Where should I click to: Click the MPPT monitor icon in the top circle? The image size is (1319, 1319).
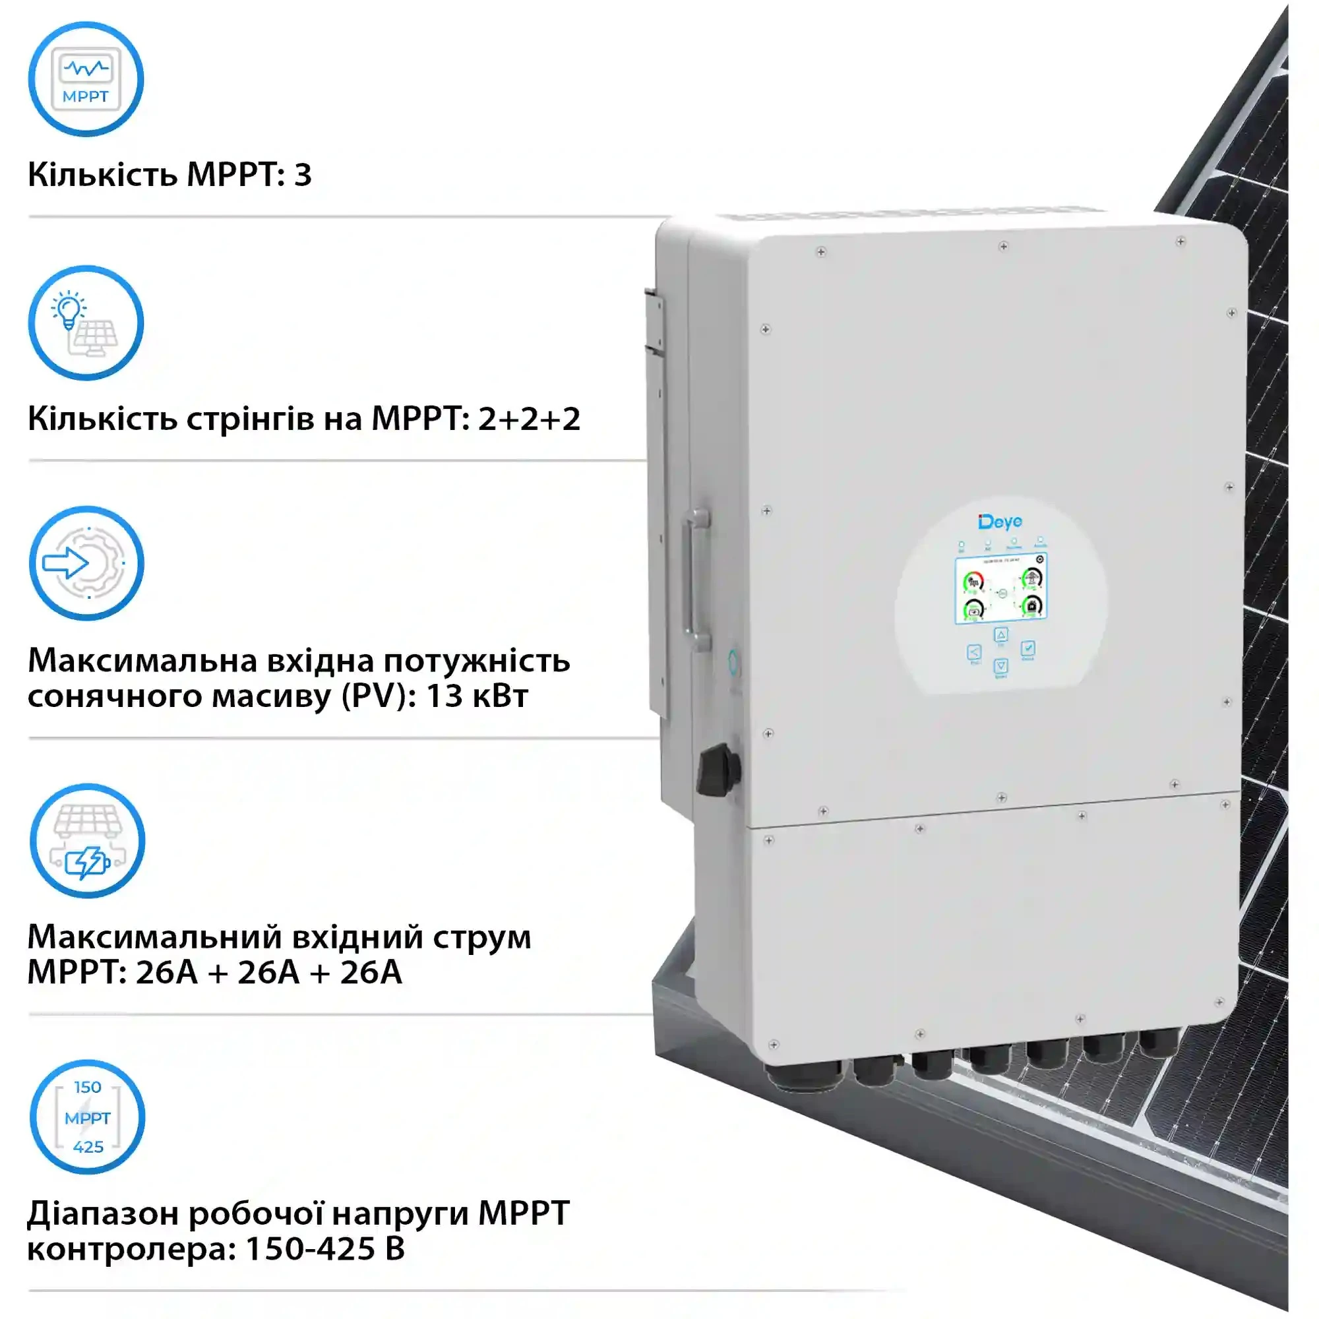click(x=85, y=79)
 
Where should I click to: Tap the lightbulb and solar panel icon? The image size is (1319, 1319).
click(x=85, y=323)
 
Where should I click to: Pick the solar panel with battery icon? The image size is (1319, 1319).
click(x=88, y=840)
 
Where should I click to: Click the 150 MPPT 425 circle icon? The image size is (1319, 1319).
click(x=88, y=1117)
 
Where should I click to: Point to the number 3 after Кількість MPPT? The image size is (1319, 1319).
click(x=303, y=175)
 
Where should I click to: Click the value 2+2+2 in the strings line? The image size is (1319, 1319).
click(x=529, y=419)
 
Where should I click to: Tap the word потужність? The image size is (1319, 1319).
click(x=476, y=661)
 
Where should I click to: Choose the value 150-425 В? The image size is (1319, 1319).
click(x=324, y=1248)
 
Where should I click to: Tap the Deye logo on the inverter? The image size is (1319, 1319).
click(x=1000, y=522)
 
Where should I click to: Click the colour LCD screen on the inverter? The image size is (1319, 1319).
click(x=1001, y=588)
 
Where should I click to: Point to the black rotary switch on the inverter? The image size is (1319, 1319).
click(x=718, y=770)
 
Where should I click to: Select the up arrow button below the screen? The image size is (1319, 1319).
click(x=1000, y=635)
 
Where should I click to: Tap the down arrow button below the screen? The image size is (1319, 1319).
click(x=1000, y=665)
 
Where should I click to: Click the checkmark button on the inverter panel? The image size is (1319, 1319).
click(x=1028, y=648)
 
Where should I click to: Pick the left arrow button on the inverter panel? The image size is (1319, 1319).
click(x=974, y=652)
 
